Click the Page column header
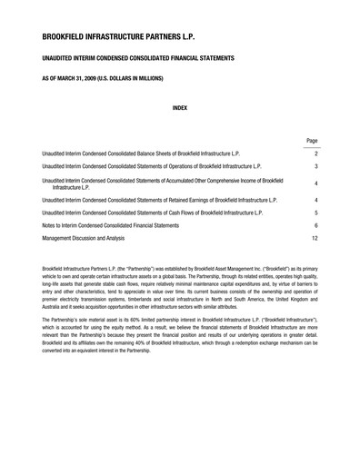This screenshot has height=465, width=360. (x=311, y=142)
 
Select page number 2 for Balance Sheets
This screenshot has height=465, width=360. (x=314, y=154)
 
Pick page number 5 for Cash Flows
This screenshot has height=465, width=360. (x=314, y=212)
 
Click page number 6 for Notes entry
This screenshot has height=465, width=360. (x=314, y=224)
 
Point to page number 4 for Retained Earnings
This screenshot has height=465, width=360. (x=314, y=199)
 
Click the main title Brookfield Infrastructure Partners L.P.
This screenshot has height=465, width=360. (x=118, y=37)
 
